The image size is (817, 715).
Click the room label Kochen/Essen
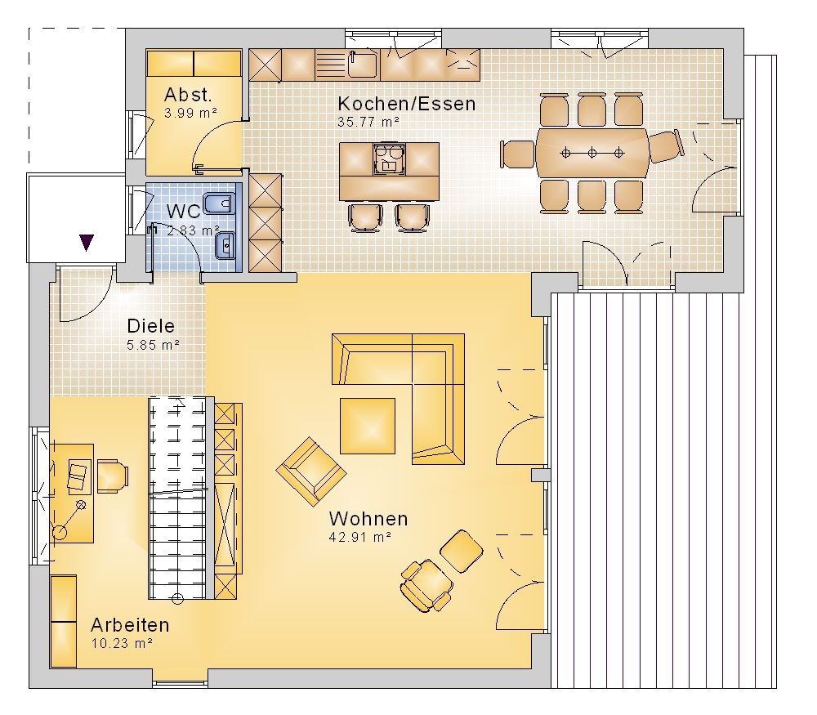coord(406,104)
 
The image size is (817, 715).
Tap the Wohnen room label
coord(368,519)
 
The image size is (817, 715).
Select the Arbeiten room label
coord(130,624)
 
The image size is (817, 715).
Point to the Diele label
coord(151,326)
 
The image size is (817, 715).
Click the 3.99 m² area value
coord(190,113)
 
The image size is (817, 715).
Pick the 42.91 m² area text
coord(360,537)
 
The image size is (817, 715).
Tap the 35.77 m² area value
coord(368,122)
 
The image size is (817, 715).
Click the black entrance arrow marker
coord(87,243)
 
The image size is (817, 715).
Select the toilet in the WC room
coord(218,203)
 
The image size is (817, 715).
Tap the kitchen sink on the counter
coord(364,65)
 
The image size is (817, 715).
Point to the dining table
coord(592,154)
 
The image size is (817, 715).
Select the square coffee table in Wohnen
coord(368,426)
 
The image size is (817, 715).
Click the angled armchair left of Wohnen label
coord(311,471)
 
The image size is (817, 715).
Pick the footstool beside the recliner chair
coord(461,552)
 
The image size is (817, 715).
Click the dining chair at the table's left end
coord(518,154)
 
